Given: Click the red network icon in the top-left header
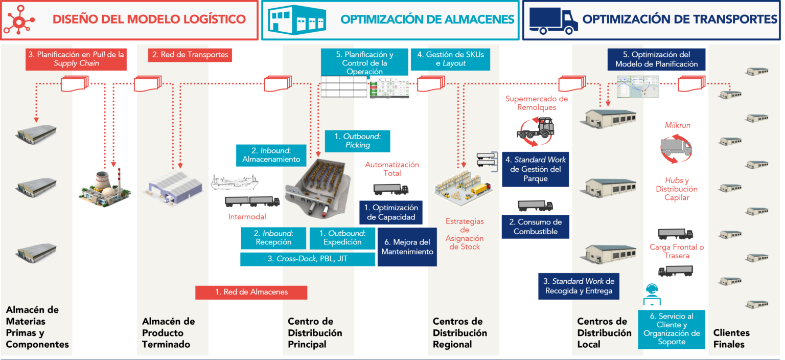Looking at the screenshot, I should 19,19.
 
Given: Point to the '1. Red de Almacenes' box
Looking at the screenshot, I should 251,292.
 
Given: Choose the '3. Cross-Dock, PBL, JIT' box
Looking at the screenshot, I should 308,259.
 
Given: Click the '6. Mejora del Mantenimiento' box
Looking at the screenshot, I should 407,247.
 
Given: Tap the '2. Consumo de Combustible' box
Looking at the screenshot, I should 536,227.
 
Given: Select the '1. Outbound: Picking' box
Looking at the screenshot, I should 357,141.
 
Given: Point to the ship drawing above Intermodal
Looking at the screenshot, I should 235,182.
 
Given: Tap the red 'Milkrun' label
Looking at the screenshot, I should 677,125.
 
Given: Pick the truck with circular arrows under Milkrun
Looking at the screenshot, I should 676,148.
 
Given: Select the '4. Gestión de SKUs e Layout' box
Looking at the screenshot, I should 450,59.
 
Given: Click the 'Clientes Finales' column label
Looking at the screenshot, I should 731,338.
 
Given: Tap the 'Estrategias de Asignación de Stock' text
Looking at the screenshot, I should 464,234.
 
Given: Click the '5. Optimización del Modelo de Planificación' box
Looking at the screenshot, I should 656,59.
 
